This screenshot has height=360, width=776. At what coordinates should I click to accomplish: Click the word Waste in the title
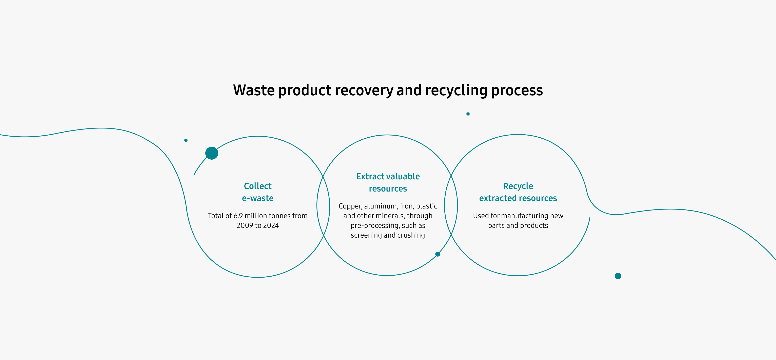(x=254, y=90)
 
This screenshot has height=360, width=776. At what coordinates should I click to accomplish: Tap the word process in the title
(x=517, y=90)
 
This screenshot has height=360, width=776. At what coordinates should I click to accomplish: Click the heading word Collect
(x=258, y=186)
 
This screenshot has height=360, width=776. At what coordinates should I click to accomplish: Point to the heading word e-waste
(x=258, y=198)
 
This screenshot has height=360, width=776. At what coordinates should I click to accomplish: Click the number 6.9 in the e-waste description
(x=238, y=216)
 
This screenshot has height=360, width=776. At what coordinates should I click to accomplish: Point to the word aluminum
(x=381, y=206)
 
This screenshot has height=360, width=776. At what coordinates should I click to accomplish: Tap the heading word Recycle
(x=518, y=186)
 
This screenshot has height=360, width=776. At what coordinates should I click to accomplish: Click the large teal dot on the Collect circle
(x=212, y=153)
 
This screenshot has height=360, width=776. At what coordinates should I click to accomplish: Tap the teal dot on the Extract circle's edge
(x=438, y=254)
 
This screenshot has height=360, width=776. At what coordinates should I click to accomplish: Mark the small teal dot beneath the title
(x=468, y=114)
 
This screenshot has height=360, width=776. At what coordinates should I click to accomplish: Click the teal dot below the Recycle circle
(x=618, y=276)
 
